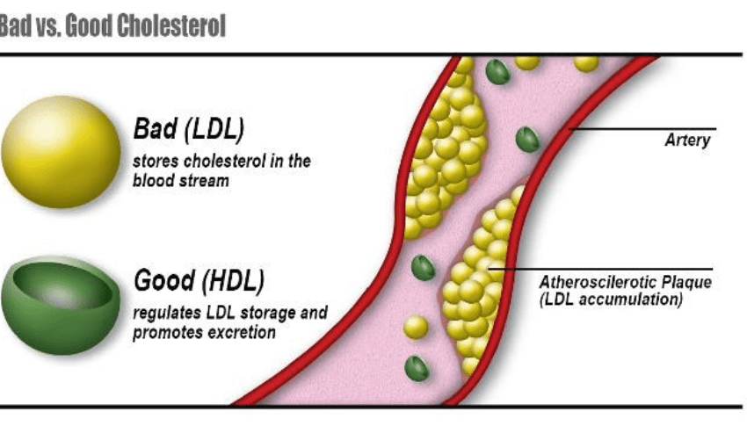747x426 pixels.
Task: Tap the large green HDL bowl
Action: click(61, 303)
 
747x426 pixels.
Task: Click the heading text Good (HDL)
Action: click(199, 282)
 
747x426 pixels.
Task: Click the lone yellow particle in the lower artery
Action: click(416, 328)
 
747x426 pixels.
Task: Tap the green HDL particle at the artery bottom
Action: click(417, 368)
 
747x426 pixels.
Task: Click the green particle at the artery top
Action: click(497, 71)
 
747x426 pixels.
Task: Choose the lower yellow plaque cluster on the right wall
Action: click(480, 281)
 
